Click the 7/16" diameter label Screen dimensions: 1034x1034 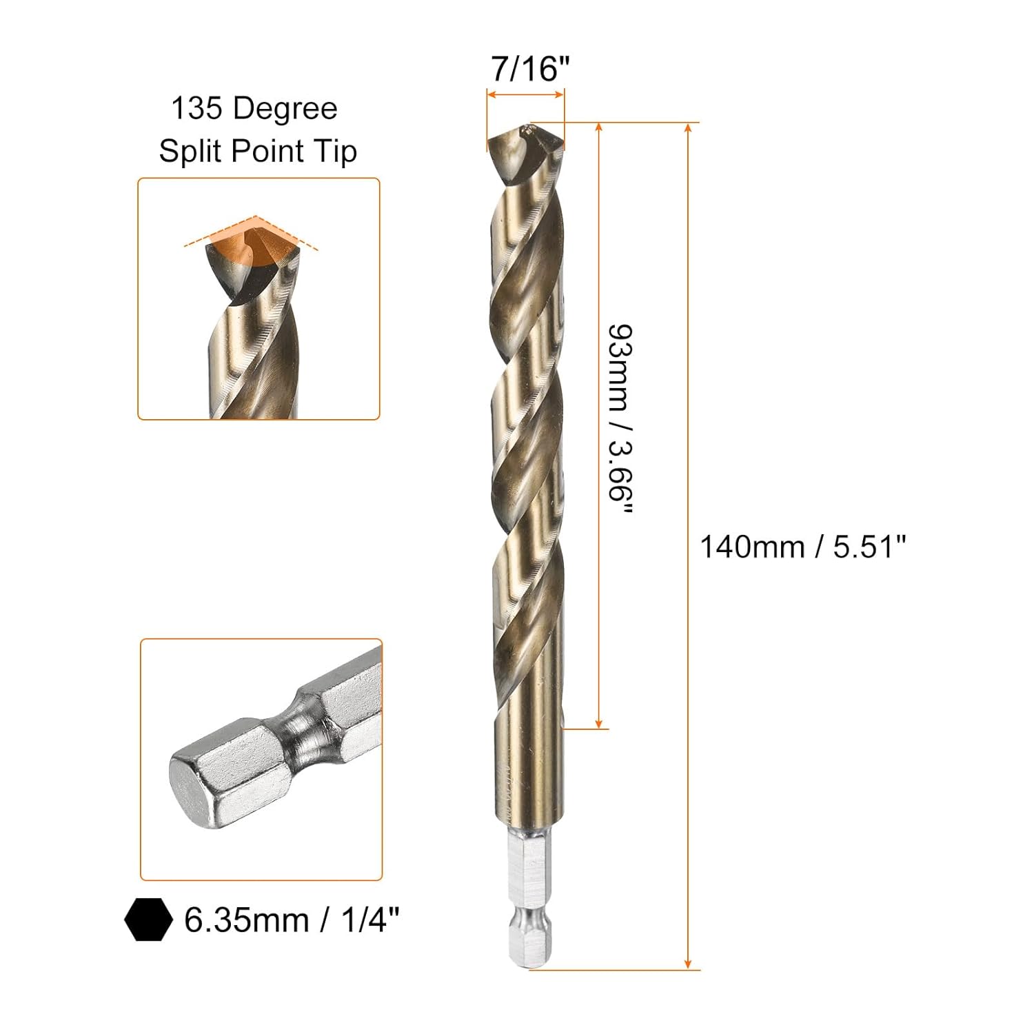[x=530, y=69]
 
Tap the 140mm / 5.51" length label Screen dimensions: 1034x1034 [x=802, y=547]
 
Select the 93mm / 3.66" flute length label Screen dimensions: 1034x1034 [x=620, y=420]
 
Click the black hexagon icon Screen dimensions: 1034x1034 [x=148, y=920]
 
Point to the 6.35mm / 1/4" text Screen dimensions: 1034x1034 [x=292, y=920]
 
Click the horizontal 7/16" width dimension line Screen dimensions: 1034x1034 [x=525, y=96]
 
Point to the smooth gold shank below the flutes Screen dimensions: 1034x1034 [x=527, y=772]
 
